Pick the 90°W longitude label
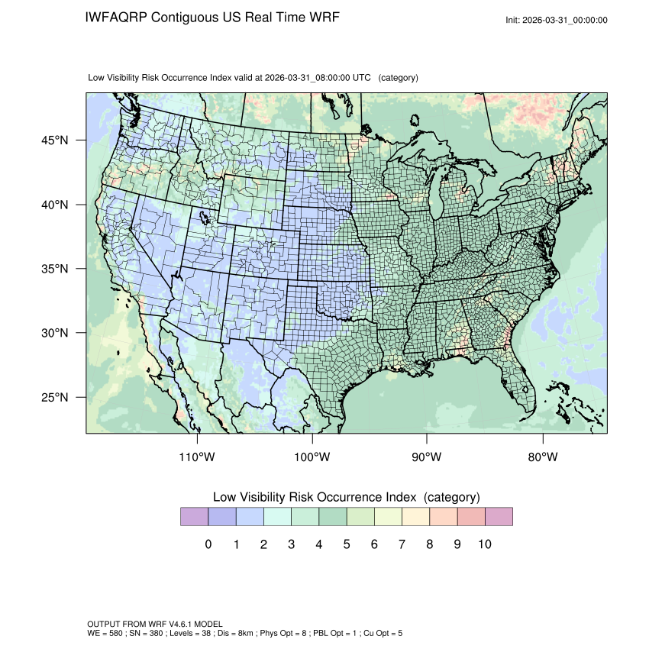(427, 457)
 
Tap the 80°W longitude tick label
(542, 457)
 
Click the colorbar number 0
(208, 544)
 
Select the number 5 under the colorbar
(347, 544)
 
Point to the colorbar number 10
(484, 544)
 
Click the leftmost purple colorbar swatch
(194, 516)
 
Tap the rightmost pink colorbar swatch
(499, 516)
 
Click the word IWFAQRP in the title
(117, 17)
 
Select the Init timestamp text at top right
(557, 20)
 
